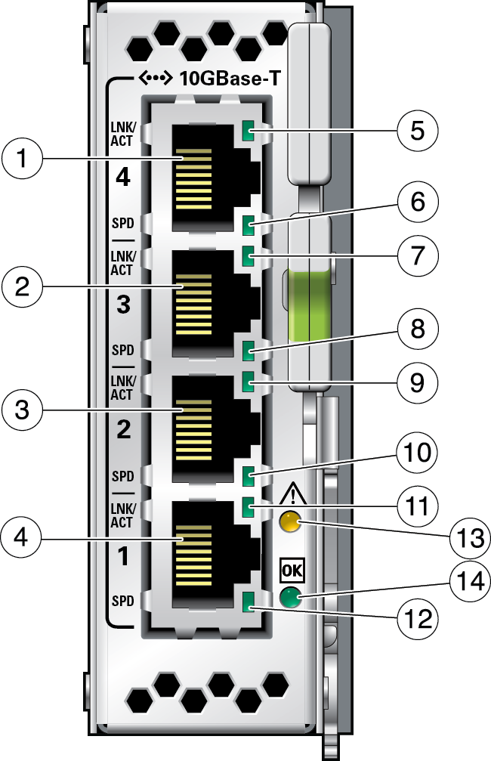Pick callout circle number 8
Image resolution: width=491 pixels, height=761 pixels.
418,330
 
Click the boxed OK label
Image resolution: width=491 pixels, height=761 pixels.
291,567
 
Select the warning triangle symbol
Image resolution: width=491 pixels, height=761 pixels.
291,496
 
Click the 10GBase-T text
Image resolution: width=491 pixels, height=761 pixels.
225,78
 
